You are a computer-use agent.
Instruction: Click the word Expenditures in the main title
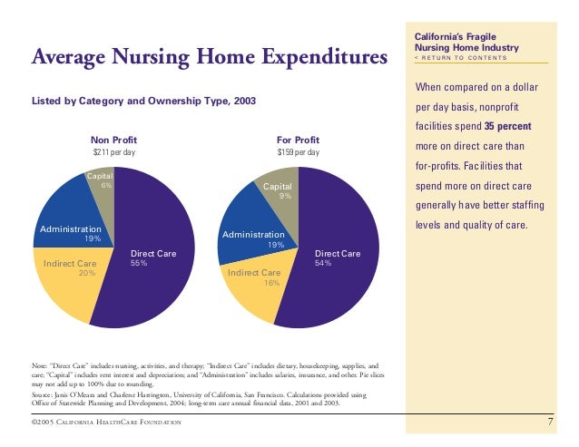pyautogui.click(x=325, y=57)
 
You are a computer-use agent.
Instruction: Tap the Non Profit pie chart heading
pyautogui.click(x=113, y=141)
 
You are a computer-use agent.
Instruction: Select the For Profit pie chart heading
pyautogui.click(x=298, y=141)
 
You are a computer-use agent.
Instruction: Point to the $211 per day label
pyautogui.click(x=113, y=152)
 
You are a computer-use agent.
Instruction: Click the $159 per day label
pyautogui.click(x=298, y=152)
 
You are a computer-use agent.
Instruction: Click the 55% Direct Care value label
pyautogui.click(x=139, y=263)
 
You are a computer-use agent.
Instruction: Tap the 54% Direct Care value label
pyautogui.click(x=323, y=263)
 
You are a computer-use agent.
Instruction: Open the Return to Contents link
pyautogui.click(x=460, y=58)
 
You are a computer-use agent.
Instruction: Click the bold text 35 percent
pyautogui.click(x=507, y=126)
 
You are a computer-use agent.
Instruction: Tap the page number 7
pyautogui.click(x=550, y=422)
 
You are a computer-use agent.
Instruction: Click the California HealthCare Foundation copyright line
pyautogui.click(x=106, y=422)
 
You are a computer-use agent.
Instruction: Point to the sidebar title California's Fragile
pyautogui.click(x=456, y=37)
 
